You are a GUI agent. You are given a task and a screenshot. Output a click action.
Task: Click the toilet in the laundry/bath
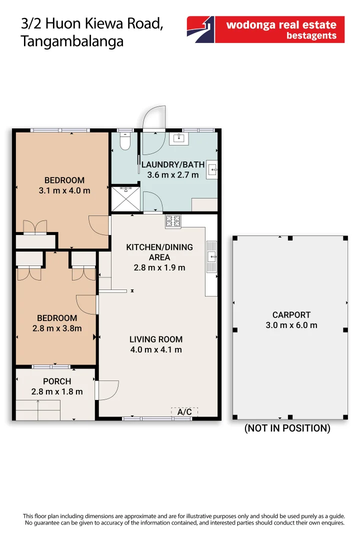click(125, 141)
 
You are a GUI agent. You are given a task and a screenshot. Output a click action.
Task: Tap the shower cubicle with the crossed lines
click(125, 199)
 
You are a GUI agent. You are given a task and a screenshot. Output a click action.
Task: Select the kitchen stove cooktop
click(173, 221)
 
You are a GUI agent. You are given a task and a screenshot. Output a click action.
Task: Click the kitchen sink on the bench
click(211, 256)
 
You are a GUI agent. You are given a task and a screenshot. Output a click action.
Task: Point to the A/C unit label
click(184, 411)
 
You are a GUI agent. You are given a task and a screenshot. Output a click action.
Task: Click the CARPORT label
click(291, 315)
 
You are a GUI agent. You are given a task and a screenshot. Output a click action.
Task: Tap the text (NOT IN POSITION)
click(287, 428)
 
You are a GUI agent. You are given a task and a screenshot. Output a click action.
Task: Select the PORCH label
click(57, 381)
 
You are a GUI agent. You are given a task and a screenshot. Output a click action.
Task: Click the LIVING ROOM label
click(156, 339)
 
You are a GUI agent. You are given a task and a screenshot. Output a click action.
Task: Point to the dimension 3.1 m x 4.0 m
click(64, 190)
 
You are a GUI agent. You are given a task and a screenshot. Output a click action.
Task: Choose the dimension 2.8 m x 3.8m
click(57, 328)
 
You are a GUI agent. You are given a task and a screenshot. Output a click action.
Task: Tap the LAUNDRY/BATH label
click(173, 164)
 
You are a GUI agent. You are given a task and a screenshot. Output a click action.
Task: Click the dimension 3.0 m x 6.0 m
click(291, 325)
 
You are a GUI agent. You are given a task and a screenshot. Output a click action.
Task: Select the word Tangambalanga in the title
click(72, 41)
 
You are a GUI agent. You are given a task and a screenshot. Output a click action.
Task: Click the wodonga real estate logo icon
click(200, 29)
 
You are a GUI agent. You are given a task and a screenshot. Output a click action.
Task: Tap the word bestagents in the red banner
click(311, 35)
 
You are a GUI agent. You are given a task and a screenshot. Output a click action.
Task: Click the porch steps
click(38, 410)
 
